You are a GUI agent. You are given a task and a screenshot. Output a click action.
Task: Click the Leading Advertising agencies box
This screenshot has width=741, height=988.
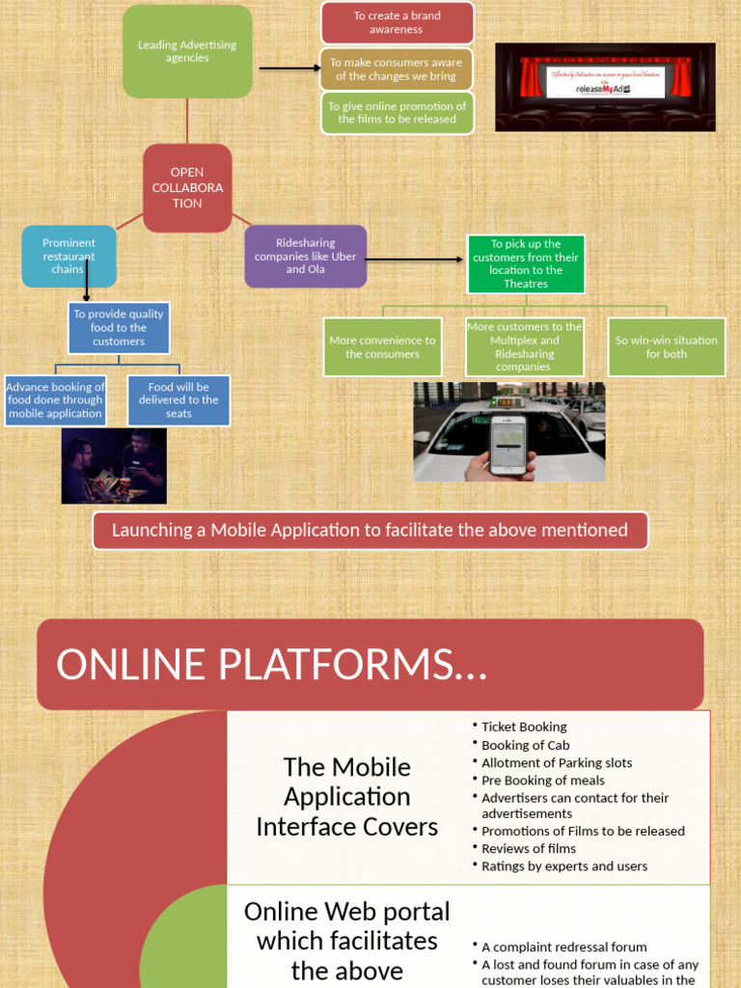pyautogui.click(x=187, y=51)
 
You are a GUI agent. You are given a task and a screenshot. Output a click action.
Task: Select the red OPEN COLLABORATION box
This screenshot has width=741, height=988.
pyautogui.click(x=187, y=188)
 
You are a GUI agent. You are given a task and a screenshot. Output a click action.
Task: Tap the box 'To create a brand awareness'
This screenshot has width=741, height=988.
pyautogui.click(x=397, y=23)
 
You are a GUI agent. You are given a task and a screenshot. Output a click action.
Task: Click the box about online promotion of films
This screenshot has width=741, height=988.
pyautogui.click(x=397, y=113)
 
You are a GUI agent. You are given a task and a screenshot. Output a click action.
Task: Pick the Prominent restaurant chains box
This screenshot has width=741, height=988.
pyautogui.click(x=69, y=257)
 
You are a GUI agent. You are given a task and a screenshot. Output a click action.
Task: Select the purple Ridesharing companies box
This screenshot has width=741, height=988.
pyautogui.click(x=305, y=257)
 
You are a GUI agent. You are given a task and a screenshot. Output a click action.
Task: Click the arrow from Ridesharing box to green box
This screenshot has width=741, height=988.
pyautogui.click(x=416, y=259)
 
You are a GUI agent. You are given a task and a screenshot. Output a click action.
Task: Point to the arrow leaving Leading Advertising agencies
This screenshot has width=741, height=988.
pyautogui.click(x=289, y=68)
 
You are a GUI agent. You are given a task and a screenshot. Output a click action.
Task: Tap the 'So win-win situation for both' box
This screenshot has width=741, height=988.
pyautogui.click(x=666, y=347)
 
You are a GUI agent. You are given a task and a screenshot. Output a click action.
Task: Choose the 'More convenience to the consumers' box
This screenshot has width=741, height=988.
pyautogui.click(x=382, y=347)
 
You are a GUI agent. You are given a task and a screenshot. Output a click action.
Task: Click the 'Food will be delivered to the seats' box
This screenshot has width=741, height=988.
pyautogui.click(x=178, y=400)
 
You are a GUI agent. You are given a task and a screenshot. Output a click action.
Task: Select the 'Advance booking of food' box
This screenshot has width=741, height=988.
pyautogui.click(x=55, y=400)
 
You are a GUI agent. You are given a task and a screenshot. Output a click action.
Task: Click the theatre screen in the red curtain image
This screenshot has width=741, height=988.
pyautogui.click(x=605, y=82)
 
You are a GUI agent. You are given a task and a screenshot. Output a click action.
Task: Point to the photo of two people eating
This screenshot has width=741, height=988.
pyautogui.click(x=114, y=466)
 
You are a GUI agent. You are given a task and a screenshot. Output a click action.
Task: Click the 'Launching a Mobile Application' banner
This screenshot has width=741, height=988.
pyautogui.click(x=370, y=531)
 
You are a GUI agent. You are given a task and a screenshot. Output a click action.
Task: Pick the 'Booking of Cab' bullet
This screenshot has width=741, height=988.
pyautogui.click(x=526, y=745)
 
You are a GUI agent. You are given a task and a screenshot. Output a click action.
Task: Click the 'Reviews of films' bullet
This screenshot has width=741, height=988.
pyautogui.click(x=529, y=849)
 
